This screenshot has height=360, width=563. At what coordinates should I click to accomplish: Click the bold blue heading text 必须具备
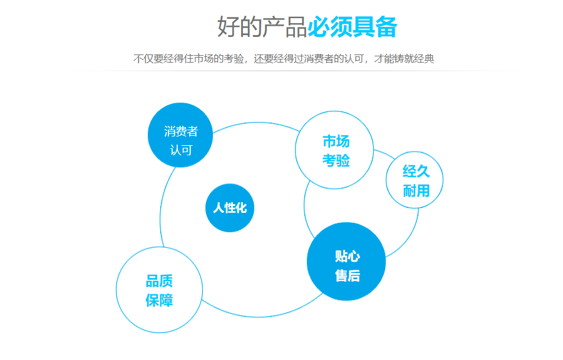(352, 27)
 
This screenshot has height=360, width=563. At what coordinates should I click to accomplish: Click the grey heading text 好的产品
(262, 27)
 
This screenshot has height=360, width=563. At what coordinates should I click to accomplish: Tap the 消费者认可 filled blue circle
(180, 135)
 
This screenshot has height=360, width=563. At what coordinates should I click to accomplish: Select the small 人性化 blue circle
(230, 208)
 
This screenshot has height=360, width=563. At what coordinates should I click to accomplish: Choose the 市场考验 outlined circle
(334, 150)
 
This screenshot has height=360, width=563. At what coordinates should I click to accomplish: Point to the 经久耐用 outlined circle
(415, 180)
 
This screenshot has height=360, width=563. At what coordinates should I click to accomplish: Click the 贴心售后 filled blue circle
(346, 262)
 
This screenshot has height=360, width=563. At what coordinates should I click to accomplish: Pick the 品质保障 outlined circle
(159, 290)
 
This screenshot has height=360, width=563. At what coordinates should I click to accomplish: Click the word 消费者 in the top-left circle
(181, 131)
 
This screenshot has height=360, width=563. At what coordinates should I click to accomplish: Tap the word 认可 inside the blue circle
(181, 151)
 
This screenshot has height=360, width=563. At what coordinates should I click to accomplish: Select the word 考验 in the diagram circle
(336, 161)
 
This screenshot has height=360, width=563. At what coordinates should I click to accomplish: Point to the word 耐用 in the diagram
(416, 191)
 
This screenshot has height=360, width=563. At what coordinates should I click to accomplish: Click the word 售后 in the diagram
(348, 275)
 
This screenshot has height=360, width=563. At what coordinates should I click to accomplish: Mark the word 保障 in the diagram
(159, 301)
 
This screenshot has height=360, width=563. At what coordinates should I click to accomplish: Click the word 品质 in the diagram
(159, 281)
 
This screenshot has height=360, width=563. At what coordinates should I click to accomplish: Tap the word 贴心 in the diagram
(348, 256)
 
